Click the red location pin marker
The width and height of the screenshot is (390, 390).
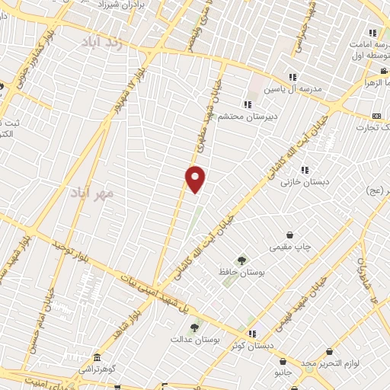(x=196, y=178)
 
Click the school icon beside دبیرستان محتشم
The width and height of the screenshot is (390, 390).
(x=247, y=104)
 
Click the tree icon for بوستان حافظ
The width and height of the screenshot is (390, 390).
(x=241, y=261)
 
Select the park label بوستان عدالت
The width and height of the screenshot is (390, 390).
(x=190, y=338)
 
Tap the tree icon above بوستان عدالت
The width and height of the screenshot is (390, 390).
(x=194, y=327)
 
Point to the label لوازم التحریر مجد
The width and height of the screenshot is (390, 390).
(x=328, y=363)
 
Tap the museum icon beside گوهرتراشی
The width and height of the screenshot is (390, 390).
(x=96, y=357)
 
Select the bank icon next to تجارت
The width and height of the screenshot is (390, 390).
(x=376, y=116)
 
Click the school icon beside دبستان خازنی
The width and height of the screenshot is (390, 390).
(x=305, y=171)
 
